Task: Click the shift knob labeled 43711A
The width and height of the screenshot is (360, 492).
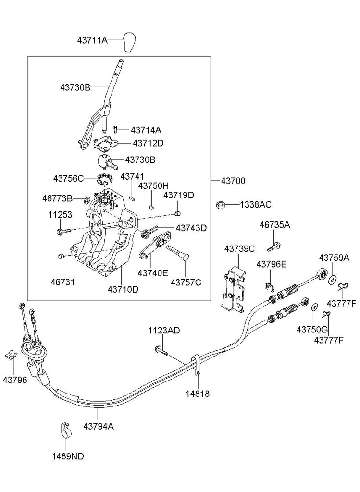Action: [129, 42]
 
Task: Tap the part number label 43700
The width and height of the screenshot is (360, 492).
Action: [233, 181]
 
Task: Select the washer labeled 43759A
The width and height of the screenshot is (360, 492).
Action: [332, 278]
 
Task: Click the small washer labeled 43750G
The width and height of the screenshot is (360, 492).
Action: [314, 307]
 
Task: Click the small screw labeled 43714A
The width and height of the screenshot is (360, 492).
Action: [116, 129]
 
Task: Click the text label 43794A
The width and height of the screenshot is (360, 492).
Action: [99, 426]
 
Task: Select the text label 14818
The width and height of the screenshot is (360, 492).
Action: [198, 393]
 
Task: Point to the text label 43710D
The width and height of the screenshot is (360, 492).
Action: [123, 289]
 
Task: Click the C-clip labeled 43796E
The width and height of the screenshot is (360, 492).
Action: [269, 287]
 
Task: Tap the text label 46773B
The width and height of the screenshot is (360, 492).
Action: [57, 197]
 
